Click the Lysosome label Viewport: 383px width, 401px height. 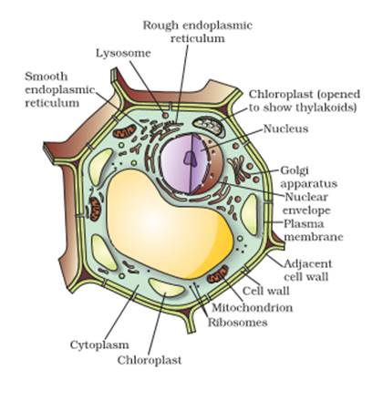pos(123,54)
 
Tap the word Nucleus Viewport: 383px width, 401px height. pos(285,129)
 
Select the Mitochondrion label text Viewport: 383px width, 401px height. pos(253,308)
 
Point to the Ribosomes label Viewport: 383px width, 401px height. pos(238,323)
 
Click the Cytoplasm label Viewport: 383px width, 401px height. pos(99,344)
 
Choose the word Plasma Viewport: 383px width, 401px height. pos(299,224)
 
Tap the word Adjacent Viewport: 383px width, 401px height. pos(307,263)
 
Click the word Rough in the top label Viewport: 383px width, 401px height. pos(160,26)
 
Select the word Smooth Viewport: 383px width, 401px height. pos(47,77)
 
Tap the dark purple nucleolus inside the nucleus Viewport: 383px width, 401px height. pos(190,159)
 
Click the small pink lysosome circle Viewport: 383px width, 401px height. pos(165,115)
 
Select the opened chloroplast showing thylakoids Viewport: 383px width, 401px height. pos(209,127)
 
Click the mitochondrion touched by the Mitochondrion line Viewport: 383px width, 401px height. pos(218,273)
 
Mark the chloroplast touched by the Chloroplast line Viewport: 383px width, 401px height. pos(166,287)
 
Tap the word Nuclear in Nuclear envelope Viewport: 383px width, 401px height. pos(306,197)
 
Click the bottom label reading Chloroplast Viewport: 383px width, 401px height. pos(150,360)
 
